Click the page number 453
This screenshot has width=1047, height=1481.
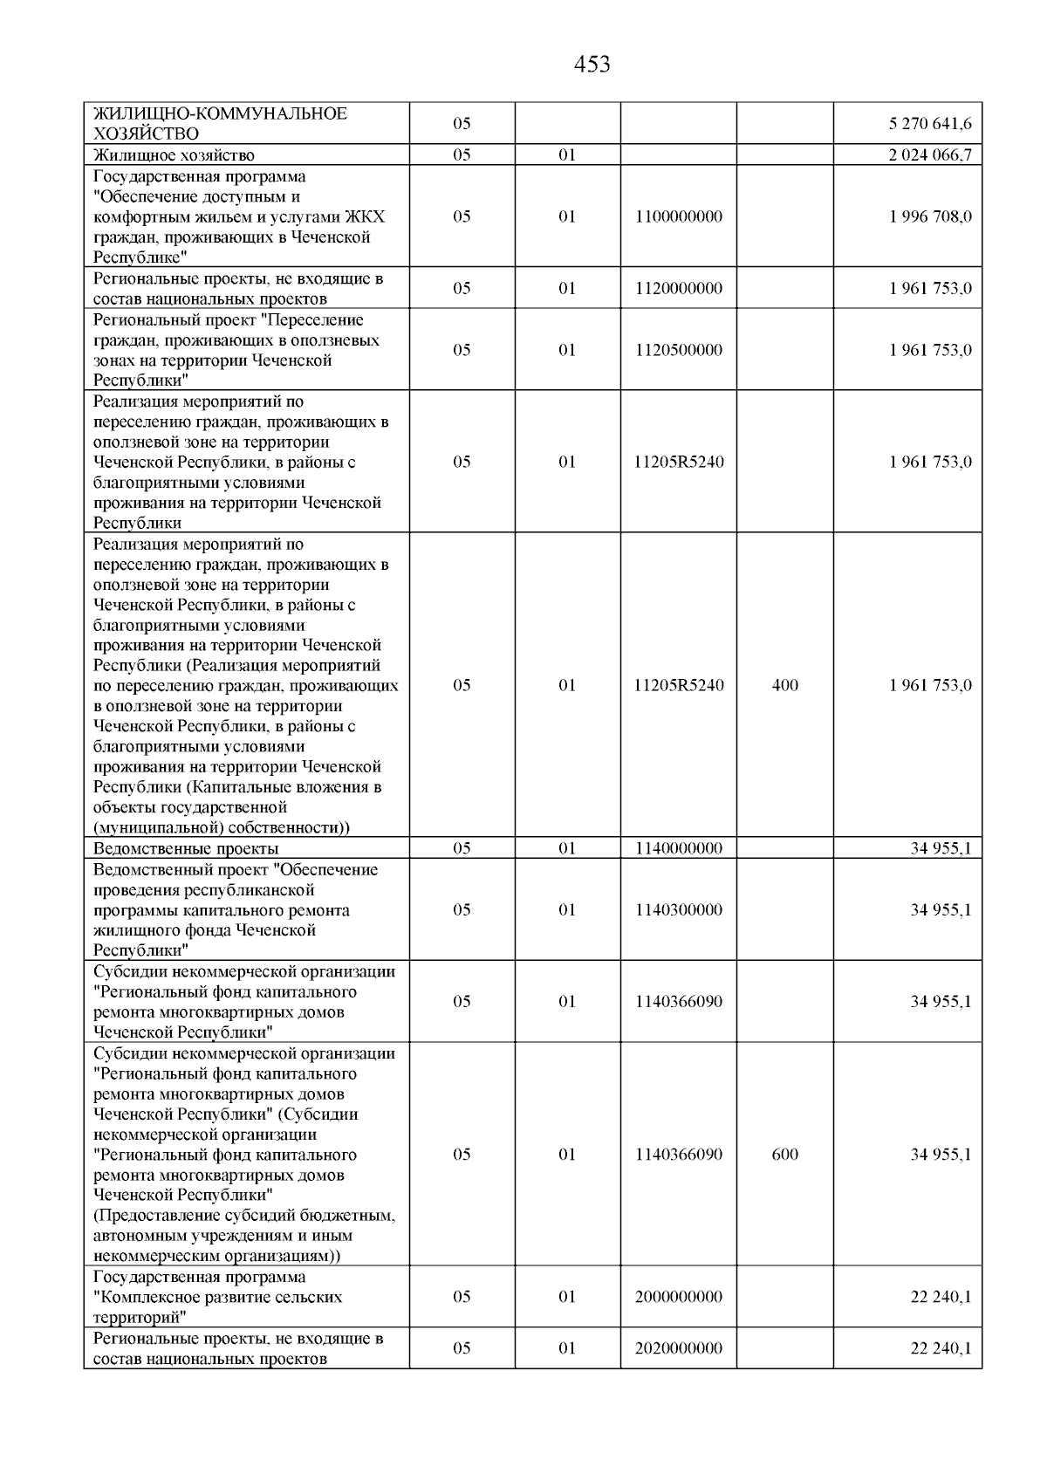(x=592, y=65)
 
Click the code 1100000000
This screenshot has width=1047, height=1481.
(x=679, y=216)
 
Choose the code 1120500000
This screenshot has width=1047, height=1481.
(x=679, y=350)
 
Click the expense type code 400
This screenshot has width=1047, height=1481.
(x=785, y=685)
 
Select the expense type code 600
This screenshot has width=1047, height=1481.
(x=785, y=1155)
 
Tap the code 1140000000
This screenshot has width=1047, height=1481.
(x=679, y=848)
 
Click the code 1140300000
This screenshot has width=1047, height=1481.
(x=679, y=909)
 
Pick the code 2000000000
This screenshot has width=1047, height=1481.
(x=679, y=1297)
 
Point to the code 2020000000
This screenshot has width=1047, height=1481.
(x=679, y=1348)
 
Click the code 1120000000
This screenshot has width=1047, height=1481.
(x=679, y=289)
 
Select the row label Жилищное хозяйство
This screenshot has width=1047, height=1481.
(x=174, y=155)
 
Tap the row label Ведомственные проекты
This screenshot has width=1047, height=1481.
(x=186, y=848)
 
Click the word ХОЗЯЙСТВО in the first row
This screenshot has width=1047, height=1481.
(x=146, y=134)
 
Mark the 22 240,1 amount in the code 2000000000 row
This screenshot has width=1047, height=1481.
(x=941, y=1297)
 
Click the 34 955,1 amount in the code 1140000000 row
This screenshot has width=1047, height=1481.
(x=941, y=848)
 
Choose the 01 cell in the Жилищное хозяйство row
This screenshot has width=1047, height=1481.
(x=567, y=155)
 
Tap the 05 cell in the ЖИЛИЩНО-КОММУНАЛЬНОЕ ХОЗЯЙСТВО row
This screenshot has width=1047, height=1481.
(x=462, y=124)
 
